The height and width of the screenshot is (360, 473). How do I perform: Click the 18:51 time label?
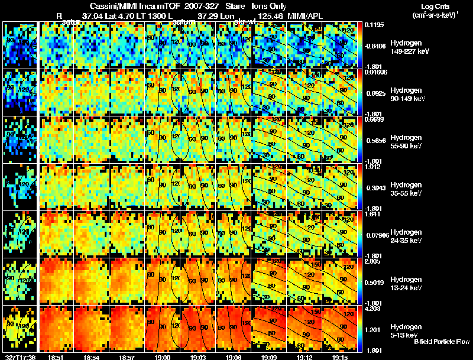[56, 357]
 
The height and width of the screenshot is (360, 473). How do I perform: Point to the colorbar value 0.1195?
[373, 24]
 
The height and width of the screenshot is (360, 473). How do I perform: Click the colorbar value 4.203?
[372, 308]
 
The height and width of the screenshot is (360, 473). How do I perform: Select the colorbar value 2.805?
[372, 261]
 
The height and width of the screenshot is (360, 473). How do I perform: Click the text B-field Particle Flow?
[442, 342]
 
